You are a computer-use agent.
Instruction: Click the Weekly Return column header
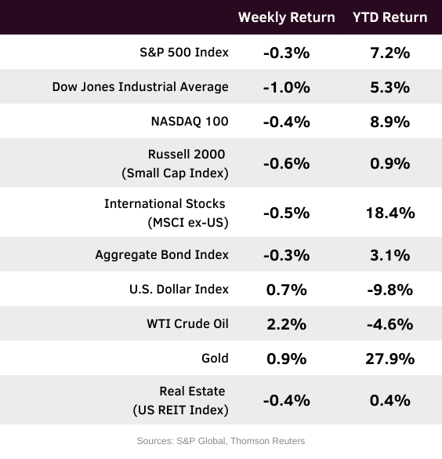click(x=287, y=18)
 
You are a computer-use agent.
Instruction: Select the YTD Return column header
click(x=390, y=17)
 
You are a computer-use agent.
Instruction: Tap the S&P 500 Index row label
click(x=184, y=53)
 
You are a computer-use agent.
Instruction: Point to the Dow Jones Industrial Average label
click(x=140, y=87)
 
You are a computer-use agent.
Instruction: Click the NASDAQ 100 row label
click(x=190, y=122)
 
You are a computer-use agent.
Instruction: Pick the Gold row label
click(x=215, y=359)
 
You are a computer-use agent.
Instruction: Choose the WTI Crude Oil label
click(x=187, y=324)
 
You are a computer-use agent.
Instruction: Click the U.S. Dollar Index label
click(x=179, y=290)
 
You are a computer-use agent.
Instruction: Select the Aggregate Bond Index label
click(x=162, y=255)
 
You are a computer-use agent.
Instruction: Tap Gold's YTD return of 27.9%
click(x=390, y=359)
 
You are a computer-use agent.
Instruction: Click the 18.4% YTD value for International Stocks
click(x=390, y=213)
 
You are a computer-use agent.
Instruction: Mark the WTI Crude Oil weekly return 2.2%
click(x=287, y=324)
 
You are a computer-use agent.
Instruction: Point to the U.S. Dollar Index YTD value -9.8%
click(x=390, y=290)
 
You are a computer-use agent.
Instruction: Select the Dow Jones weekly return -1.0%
click(x=287, y=88)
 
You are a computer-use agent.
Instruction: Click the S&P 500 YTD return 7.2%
click(x=390, y=53)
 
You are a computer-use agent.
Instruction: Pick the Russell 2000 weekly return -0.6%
click(x=287, y=163)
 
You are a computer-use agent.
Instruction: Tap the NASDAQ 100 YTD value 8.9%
click(x=390, y=122)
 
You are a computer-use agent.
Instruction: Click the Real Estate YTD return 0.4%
click(x=390, y=400)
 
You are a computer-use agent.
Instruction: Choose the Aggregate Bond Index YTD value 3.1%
click(x=390, y=255)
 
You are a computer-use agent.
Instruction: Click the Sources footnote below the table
click(x=221, y=441)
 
